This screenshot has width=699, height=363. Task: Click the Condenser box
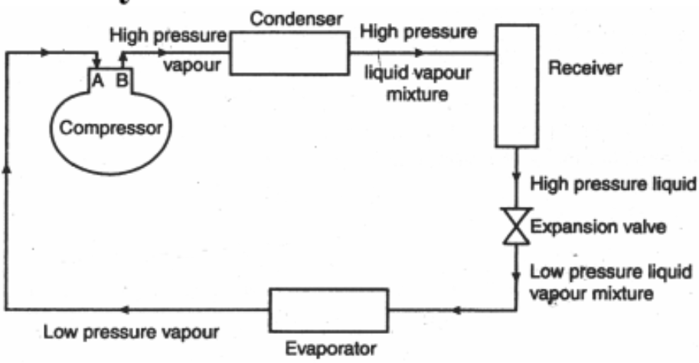click(290, 53)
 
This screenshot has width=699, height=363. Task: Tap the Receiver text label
click(586, 68)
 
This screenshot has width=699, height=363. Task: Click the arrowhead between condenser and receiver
click(417, 54)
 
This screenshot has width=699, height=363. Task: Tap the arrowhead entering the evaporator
click(457, 311)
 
